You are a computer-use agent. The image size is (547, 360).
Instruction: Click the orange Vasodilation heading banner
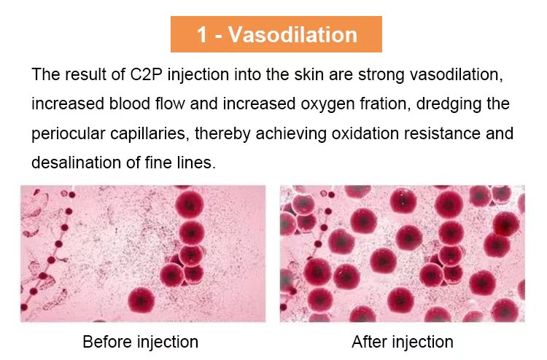click(x=276, y=34)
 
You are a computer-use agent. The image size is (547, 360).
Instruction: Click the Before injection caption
click(x=140, y=342)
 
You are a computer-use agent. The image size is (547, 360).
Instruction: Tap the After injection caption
click(x=403, y=342)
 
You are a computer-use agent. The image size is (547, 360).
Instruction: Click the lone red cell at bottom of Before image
click(x=141, y=300)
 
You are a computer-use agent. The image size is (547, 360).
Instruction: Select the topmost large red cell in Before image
click(x=189, y=204)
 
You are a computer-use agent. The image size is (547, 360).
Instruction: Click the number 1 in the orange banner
click(x=202, y=35)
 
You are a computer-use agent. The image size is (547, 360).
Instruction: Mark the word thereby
click(x=222, y=134)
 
